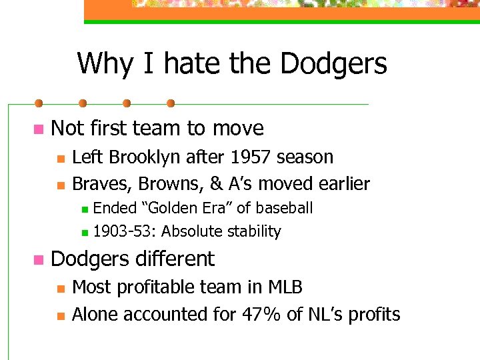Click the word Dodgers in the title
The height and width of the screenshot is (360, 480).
coord(333,64)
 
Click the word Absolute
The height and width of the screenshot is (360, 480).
coord(193,232)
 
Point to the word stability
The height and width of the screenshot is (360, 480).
coord(255,232)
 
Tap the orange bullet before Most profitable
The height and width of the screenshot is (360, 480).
coord(60,289)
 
